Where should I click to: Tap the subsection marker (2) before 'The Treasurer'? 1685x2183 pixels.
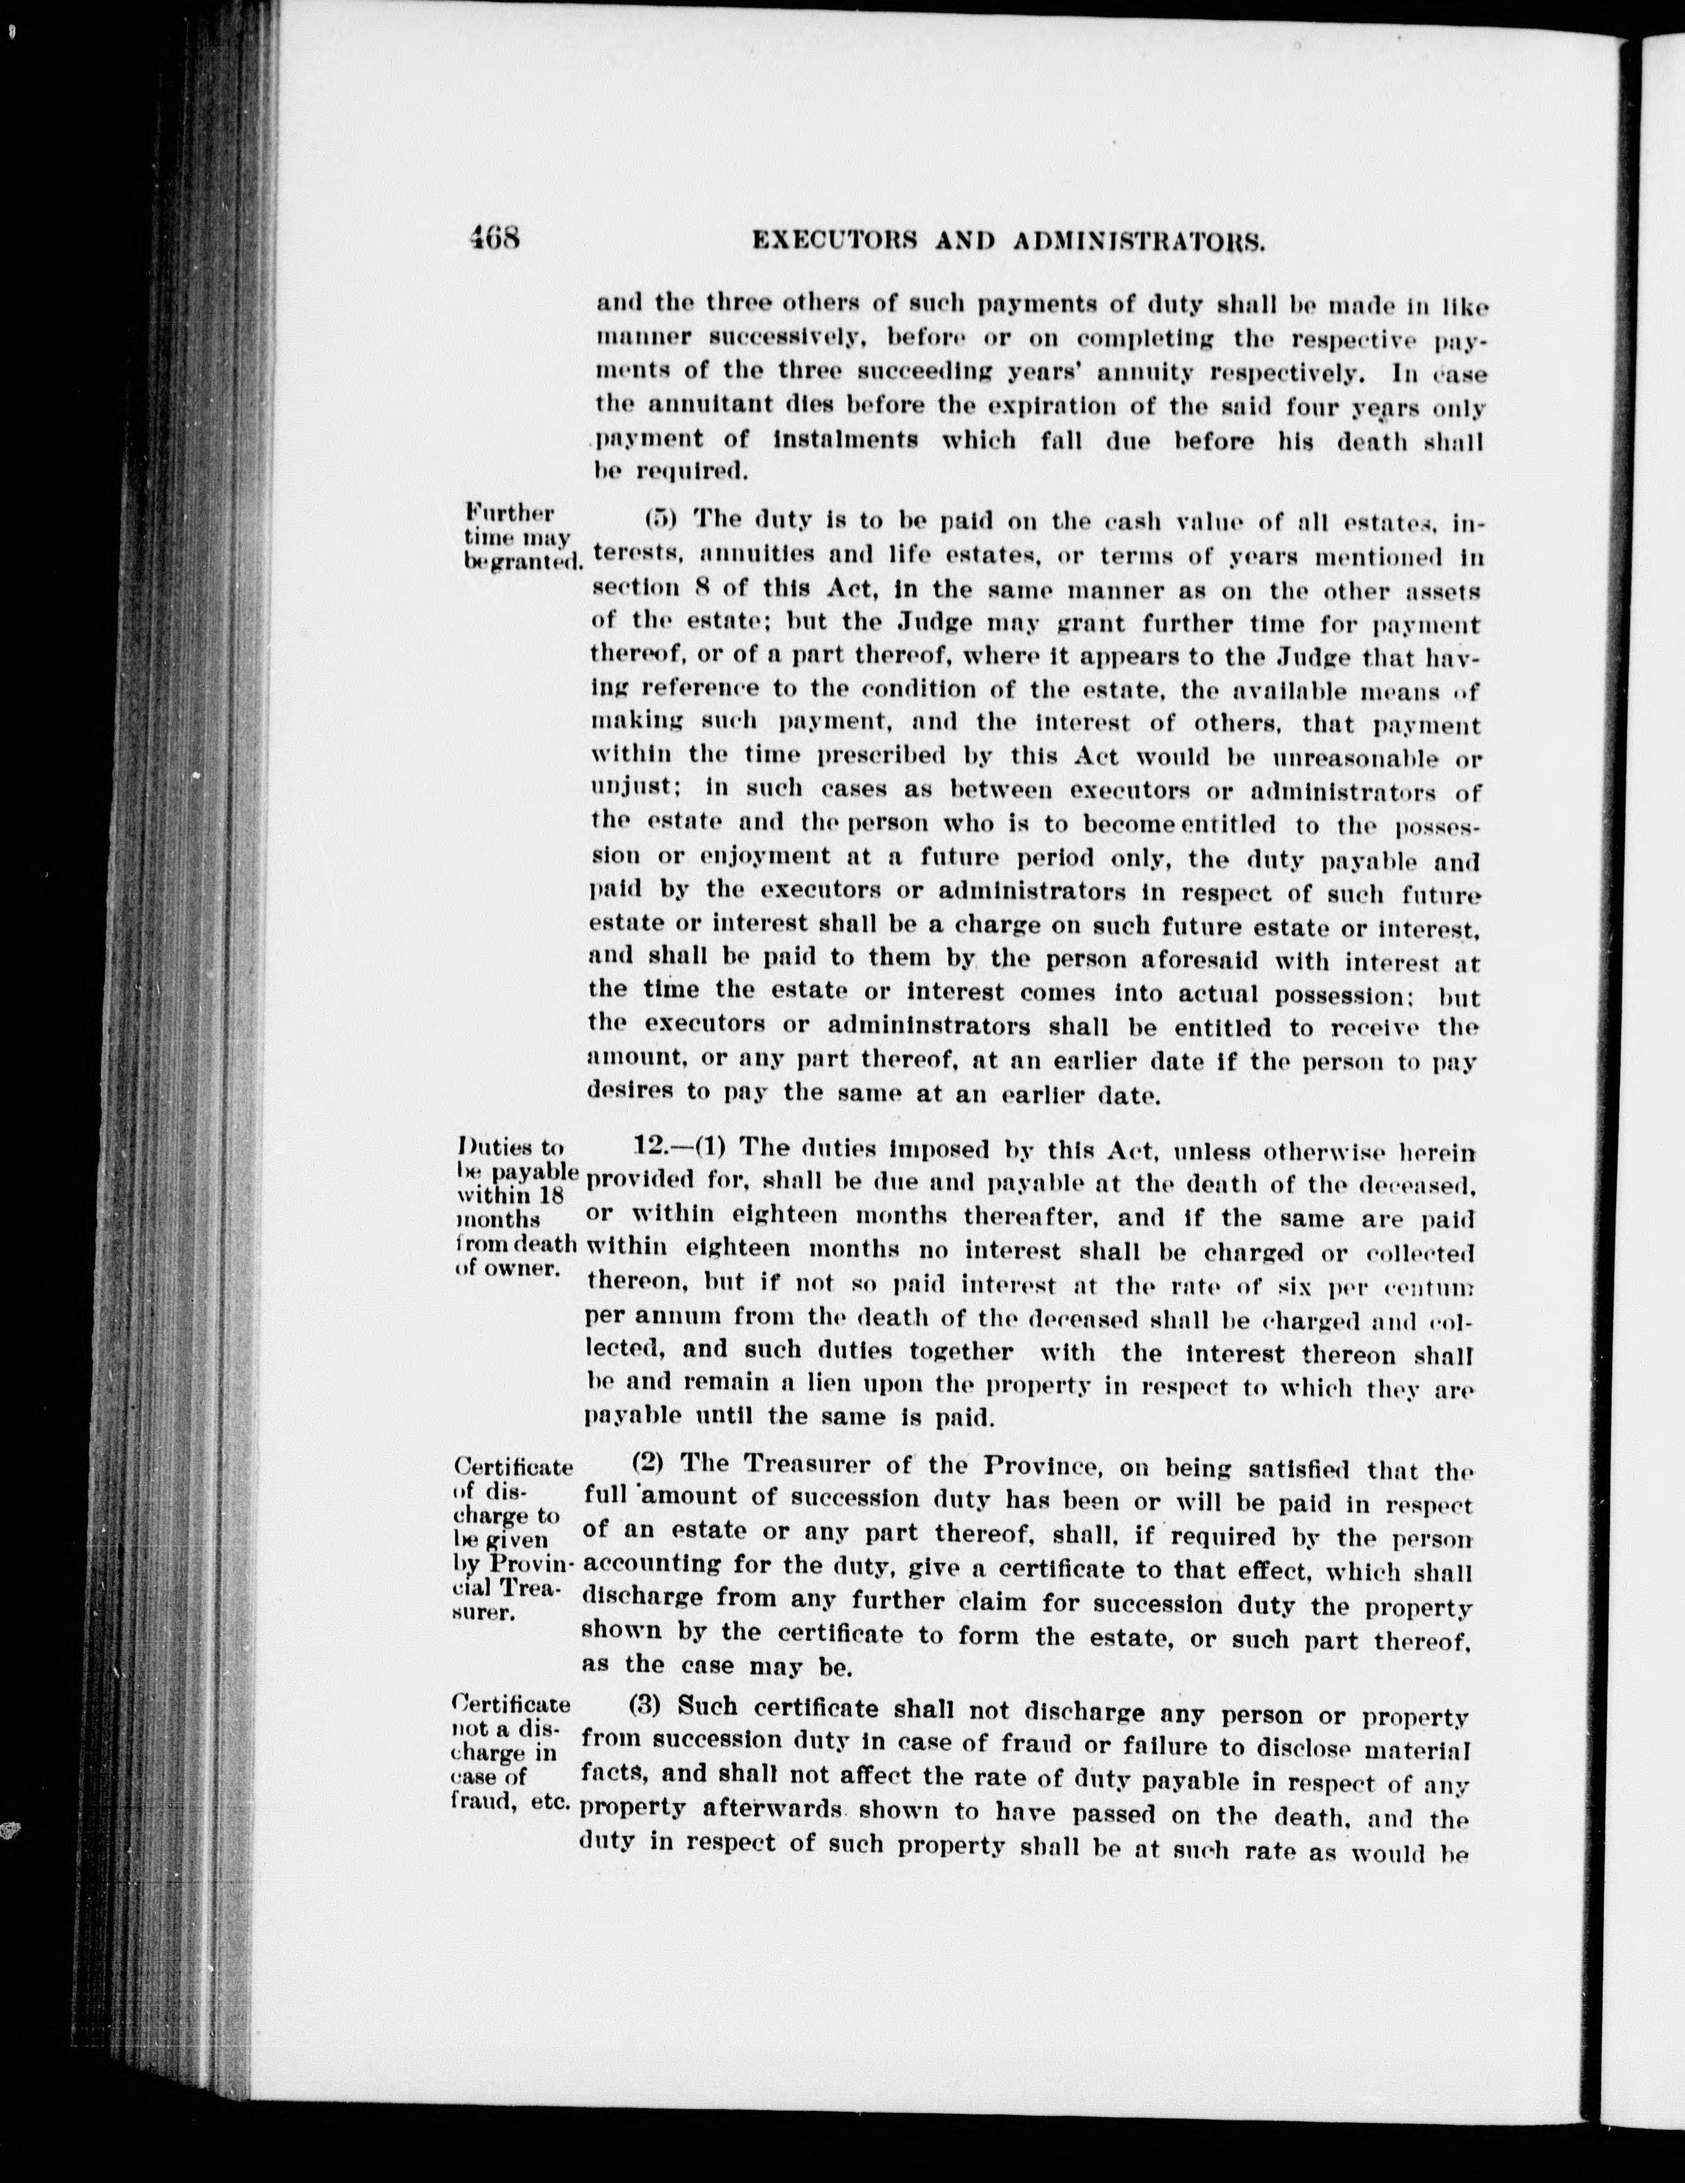coord(657,1463)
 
